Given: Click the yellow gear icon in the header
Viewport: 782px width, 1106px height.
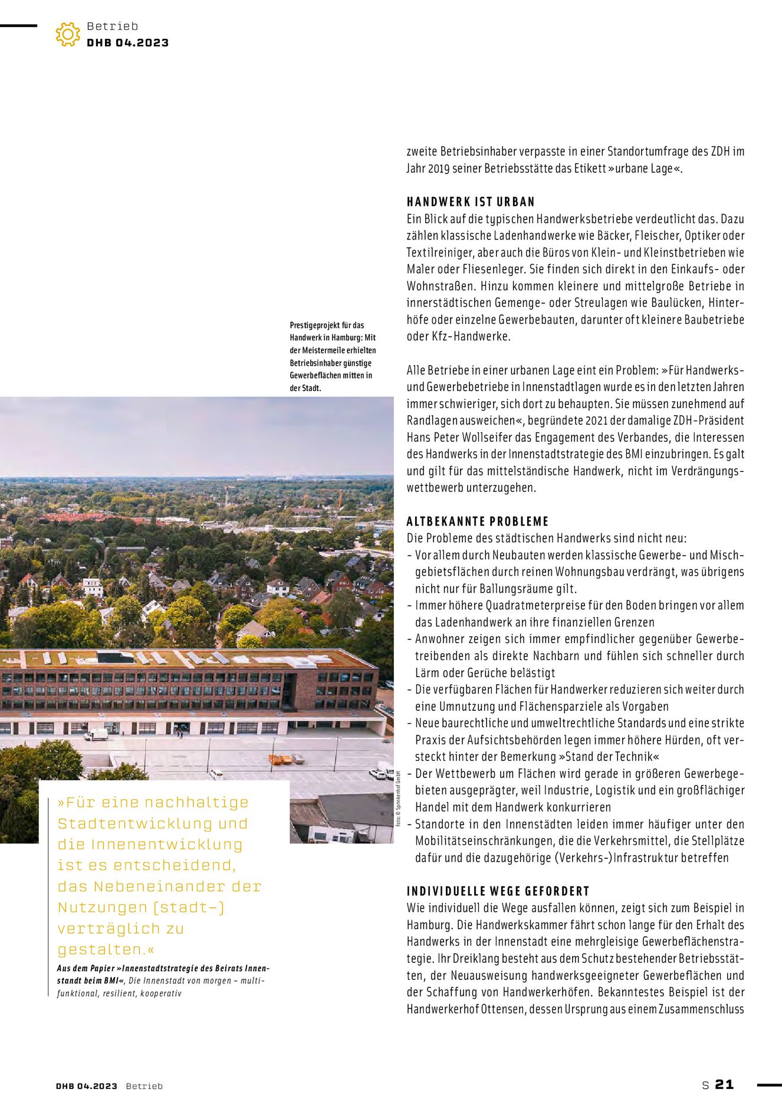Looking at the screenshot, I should coord(68,34).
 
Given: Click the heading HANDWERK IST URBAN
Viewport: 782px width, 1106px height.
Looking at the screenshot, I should coord(470,202).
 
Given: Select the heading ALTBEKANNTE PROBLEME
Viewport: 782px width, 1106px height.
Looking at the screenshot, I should coord(477,521).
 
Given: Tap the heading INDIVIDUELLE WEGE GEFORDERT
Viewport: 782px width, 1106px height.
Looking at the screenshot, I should coord(498,891).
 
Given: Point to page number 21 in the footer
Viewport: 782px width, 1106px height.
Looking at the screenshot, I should coord(724,1084).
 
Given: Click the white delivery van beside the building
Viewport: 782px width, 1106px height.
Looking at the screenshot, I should coord(96,734).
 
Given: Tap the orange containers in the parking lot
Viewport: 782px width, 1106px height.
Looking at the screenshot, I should coord(281,759).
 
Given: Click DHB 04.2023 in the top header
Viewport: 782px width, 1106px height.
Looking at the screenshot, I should coord(127,42).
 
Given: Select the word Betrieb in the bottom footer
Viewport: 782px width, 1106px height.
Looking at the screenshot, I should coord(144,1086).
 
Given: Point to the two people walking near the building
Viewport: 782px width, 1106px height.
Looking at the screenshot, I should coord(179,733).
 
